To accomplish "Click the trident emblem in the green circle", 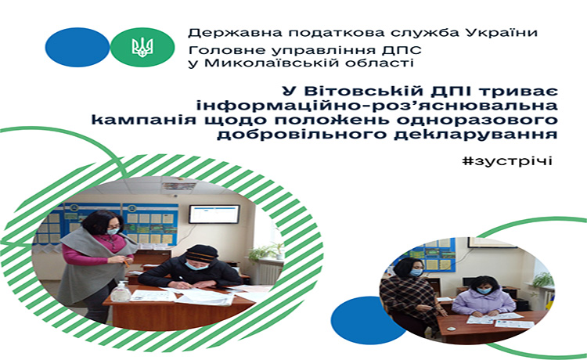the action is [x=142, y=47].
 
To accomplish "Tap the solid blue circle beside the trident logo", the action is [x=77, y=47].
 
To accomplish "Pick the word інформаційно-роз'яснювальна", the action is [x=377, y=106].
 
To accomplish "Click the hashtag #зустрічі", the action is [x=507, y=161].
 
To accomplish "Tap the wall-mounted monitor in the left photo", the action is [x=214, y=214].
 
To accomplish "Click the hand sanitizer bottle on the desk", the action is [x=121, y=291].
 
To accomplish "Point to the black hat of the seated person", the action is [x=202, y=253].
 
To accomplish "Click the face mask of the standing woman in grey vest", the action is [x=113, y=231].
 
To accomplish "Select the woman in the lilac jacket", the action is [x=483, y=297].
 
